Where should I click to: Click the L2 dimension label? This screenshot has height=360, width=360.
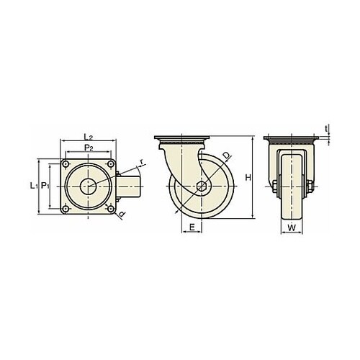88,137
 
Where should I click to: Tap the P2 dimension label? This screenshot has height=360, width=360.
89,148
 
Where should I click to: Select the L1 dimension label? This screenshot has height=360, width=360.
34,186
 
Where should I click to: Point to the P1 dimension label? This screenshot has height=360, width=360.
45,186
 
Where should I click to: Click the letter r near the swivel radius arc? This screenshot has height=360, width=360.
142,163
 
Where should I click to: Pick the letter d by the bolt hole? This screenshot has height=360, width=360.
122,214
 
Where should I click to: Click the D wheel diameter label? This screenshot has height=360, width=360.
227,156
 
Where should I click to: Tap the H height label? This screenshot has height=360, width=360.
248,178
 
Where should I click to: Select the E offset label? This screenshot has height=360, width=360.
192,227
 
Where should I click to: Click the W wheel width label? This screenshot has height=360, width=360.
292,228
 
